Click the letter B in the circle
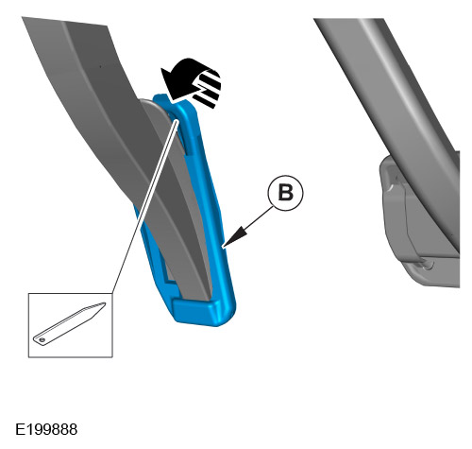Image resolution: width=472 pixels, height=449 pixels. [286, 193]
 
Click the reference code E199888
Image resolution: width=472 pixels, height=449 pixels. [46, 429]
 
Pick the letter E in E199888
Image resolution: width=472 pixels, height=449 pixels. [20, 429]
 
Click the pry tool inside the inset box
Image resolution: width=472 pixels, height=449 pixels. [70, 324]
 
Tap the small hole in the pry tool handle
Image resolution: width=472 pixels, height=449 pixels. [42, 339]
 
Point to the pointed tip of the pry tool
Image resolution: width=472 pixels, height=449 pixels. [104, 303]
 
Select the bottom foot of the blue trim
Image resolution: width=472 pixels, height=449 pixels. [205, 310]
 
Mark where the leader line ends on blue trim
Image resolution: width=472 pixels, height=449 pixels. [177, 120]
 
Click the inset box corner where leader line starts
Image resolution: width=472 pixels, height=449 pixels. [112, 294]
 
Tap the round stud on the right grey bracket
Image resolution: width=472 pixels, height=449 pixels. [428, 265]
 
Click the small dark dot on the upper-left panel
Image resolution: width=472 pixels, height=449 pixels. [100, 66]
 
